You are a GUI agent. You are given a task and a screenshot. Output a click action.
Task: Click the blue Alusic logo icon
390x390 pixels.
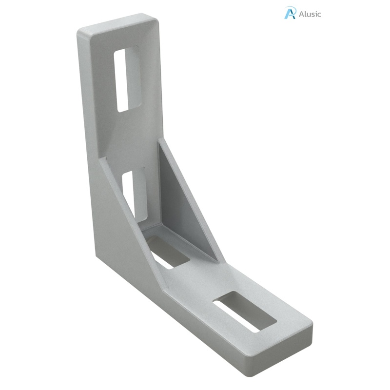click(x=290, y=13)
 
